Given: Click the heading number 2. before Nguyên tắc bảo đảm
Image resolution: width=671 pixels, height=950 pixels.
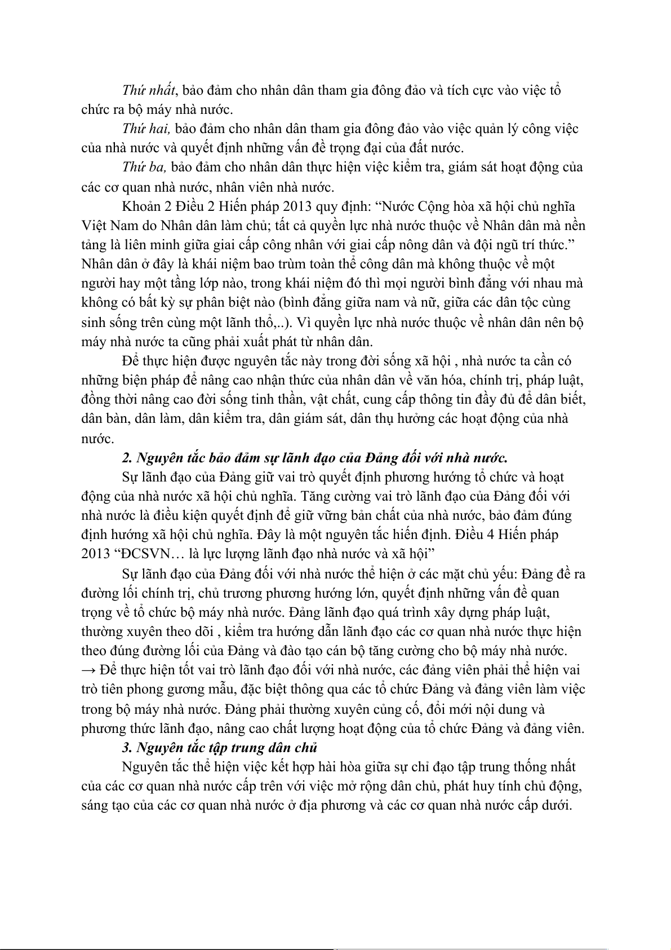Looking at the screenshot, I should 127,457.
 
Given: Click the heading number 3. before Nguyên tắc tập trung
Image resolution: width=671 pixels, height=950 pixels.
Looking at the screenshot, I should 127,748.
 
